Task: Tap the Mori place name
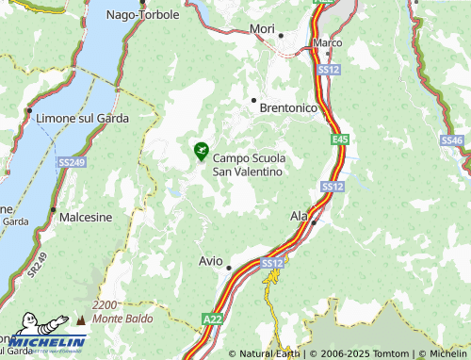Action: (x=262, y=29)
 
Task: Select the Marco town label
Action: (x=327, y=43)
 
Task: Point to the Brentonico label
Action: (x=287, y=108)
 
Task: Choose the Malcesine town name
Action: (x=86, y=217)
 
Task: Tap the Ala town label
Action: (x=299, y=216)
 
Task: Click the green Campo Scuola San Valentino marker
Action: (x=201, y=150)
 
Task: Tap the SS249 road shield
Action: (x=71, y=162)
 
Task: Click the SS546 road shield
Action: (x=453, y=140)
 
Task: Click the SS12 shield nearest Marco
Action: (x=328, y=70)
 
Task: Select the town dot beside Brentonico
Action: (x=252, y=99)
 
